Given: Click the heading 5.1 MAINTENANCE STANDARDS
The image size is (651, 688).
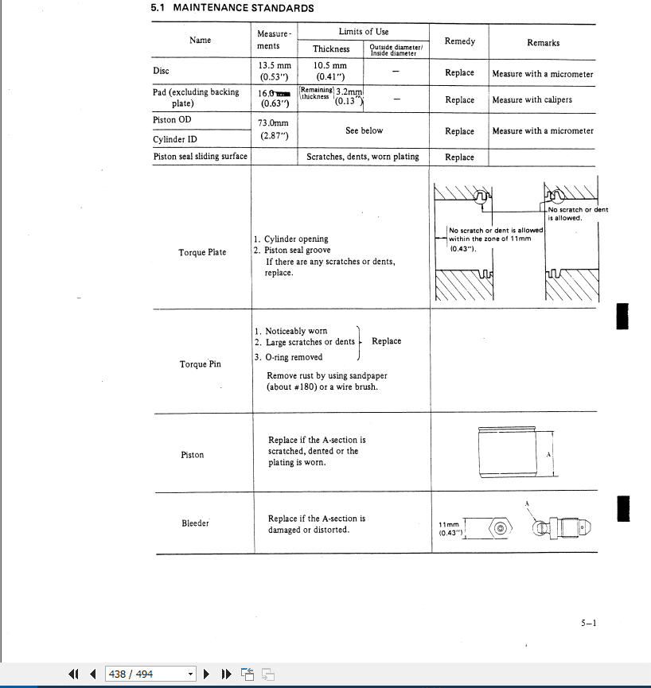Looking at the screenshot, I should pyautogui.click(x=232, y=9).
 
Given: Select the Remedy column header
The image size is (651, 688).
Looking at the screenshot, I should pyautogui.click(x=459, y=41).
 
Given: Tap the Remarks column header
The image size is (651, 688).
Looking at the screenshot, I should pyautogui.click(x=543, y=43).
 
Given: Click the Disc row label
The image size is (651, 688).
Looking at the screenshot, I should pyautogui.click(x=161, y=71).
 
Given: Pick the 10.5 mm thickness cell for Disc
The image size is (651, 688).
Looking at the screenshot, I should pyautogui.click(x=329, y=72).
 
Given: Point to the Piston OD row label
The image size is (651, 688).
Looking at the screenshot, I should pyautogui.click(x=172, y=120).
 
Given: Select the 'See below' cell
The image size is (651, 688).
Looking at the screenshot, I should pyautogui.click(x=364, y=130).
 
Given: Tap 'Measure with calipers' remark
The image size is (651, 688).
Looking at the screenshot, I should pyautogui.click(x=532, y=100).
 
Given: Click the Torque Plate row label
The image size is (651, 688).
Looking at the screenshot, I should pyautogui.click(x=202, y=253).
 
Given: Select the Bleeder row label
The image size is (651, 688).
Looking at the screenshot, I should pyautogui.click(x=195, y=523).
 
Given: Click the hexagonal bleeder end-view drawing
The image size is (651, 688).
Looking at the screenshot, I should pyautogui.click(x=499, y=528).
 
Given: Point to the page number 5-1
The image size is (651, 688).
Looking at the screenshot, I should pyautogui.click(x=588, y=624).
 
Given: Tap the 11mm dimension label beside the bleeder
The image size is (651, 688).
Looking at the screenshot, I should pyautogui.click(x=450, y=529).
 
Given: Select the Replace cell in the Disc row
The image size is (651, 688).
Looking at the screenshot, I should pyautogui.click(x=459, y=72).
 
